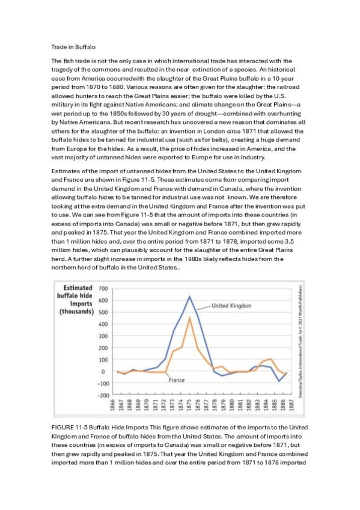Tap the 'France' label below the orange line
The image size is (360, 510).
pyautogui.click(x=176, y=380)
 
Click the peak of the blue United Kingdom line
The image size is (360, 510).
pyautogui.click(x=190, y=296)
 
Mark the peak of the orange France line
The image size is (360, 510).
pyautogui.click(x=190, y=318)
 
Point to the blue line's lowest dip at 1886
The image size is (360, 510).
pyautogui.click(x=278, y=381)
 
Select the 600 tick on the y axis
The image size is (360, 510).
pyautogui.click(x=102, y=301)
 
